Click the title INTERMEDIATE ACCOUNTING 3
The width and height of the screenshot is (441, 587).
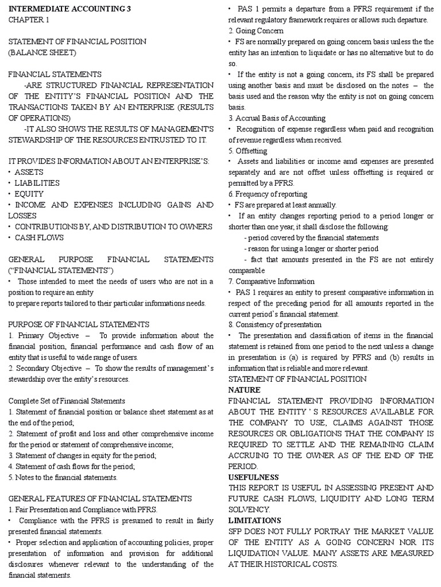click(61, 9)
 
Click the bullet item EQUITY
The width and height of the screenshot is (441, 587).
click(26, 194)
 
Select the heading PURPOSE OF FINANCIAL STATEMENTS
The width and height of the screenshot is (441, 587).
click(79, 324)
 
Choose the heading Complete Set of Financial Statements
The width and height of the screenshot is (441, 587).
click(67, 401)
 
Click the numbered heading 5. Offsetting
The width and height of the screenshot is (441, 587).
click(247, 151)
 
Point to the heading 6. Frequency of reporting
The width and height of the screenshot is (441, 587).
click(268, 194)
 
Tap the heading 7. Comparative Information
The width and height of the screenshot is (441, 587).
click(272, 281)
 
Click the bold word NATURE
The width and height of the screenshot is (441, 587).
click(245, 390)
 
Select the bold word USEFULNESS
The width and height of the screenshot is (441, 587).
click(253, 477)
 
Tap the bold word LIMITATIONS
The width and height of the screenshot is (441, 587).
click(255, 521)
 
